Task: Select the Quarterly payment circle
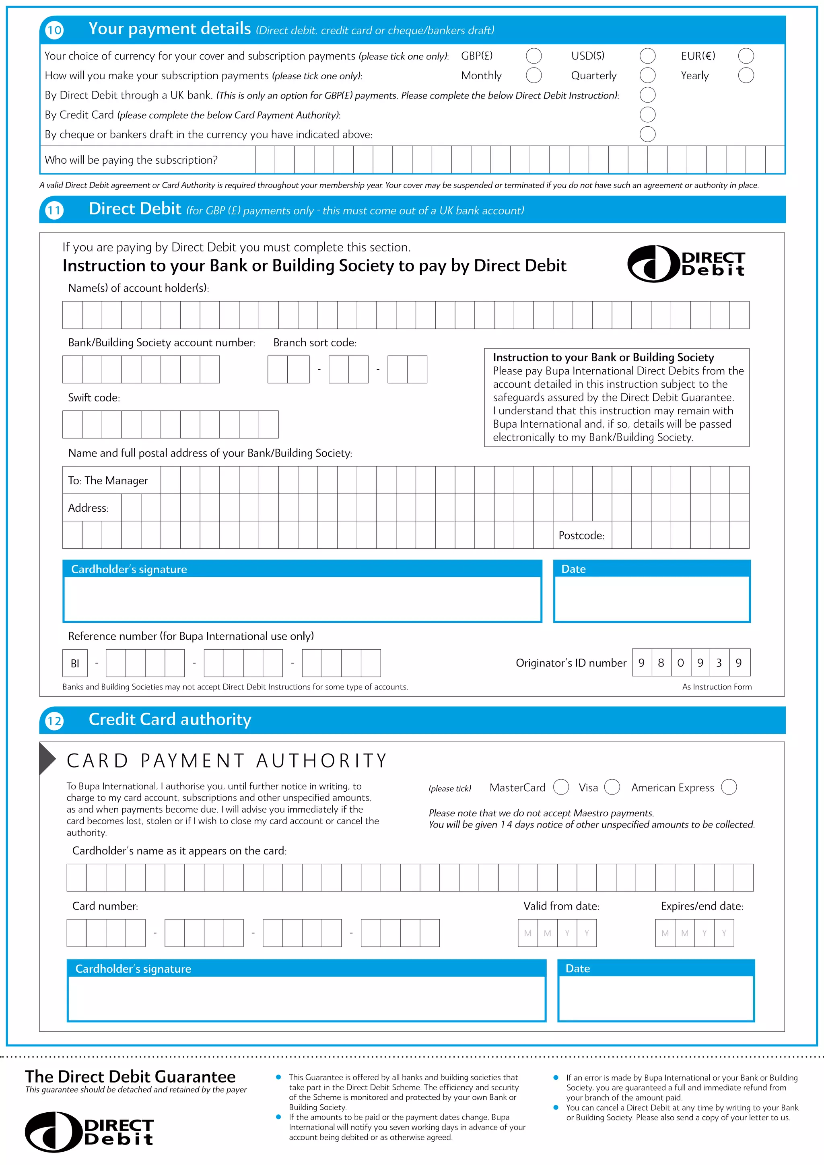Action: click(x=647, y=76)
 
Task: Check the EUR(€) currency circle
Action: click(x=746, y=56)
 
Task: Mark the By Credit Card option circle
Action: click(x=647, y=115)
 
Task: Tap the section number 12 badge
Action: click(x=54, y=721)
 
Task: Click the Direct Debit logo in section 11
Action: click(x=686, y=264)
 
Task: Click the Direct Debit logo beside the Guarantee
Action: click(x=89, y=1132)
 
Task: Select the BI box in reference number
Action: click(x=75, y=663)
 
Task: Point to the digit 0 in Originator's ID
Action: click(x=680, y=663)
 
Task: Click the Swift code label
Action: click(x=94, y=398)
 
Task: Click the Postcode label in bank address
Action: click(x=581, y=535)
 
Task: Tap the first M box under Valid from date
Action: click(x=528, y=933)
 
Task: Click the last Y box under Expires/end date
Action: click(x=724, y=933)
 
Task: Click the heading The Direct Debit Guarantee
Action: click(x=130, y=1076)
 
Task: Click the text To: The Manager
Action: click(x=108, y=480)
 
